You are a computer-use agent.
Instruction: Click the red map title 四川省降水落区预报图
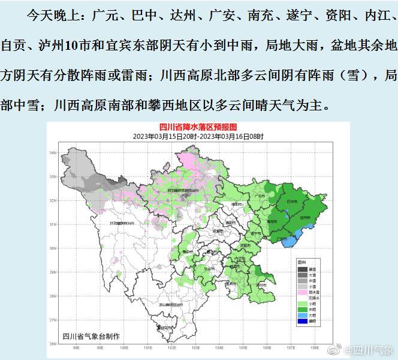tap(198, 128)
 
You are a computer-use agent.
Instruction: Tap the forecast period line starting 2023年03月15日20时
tap(198, 137)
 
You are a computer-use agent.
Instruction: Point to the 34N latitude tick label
tap(52, 153)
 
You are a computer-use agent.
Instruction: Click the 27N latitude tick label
tap(52, 320)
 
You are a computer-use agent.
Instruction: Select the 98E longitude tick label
tap(76, 347)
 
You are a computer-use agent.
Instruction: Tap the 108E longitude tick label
tap(314, 347)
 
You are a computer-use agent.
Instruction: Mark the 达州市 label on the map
tap(304, 217)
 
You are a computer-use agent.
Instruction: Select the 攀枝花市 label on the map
tap(162, 328)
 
